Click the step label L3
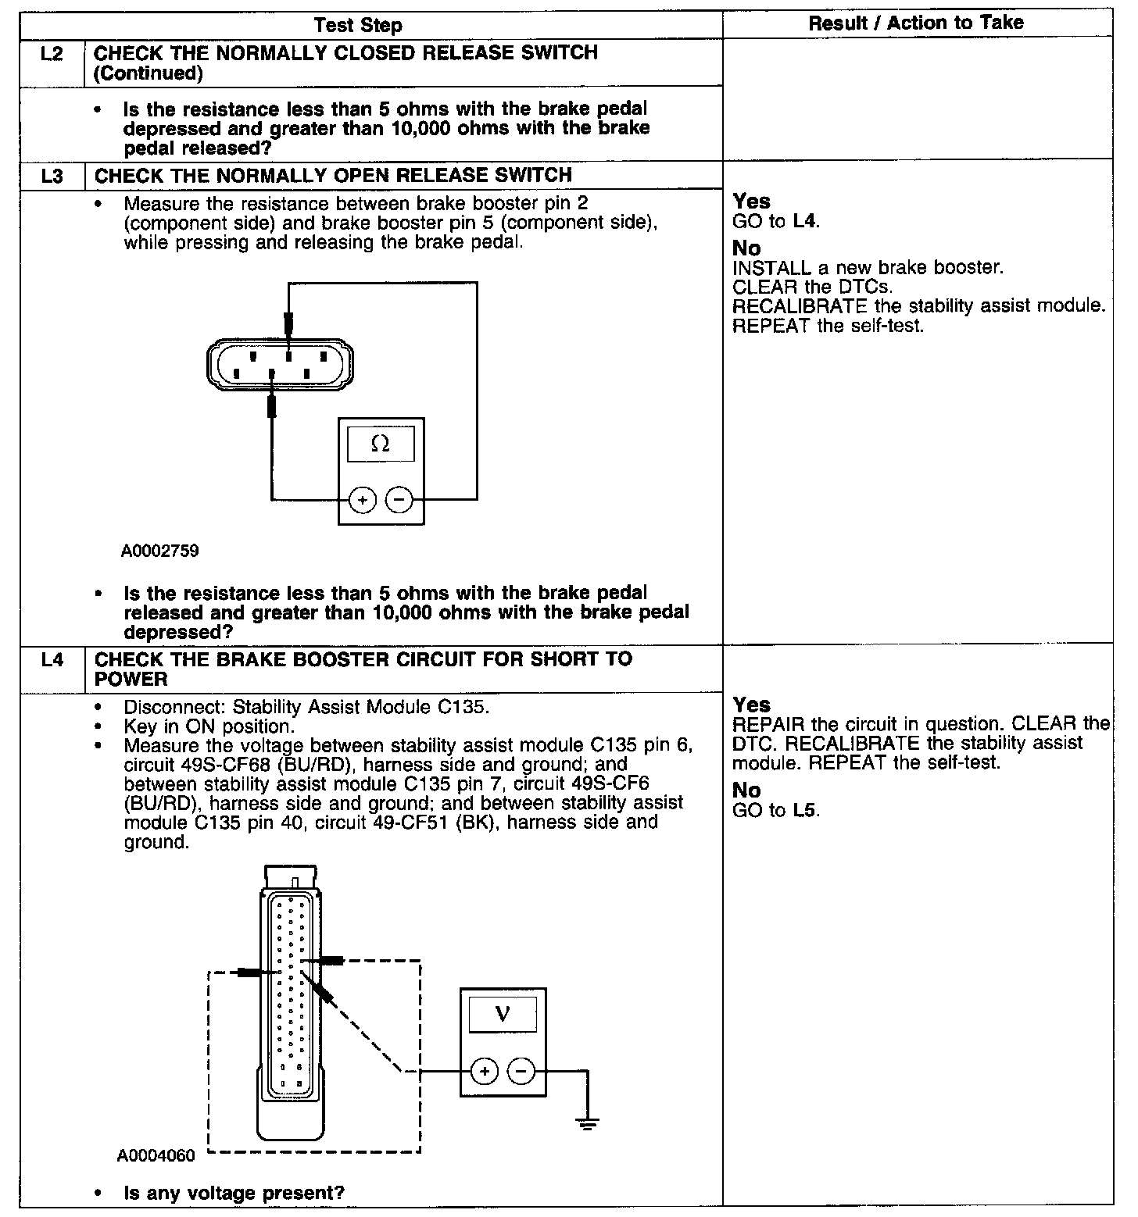(52, 176)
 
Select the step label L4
(52, 660)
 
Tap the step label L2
(52, 54)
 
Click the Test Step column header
(358, 25)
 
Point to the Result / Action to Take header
(916, 23)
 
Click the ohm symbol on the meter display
(381, 444)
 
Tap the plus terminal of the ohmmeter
(362, 499)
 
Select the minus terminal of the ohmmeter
(399, 499)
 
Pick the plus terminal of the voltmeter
(485, 1071)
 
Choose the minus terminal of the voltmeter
(522, 1071)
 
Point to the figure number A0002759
(159, 551)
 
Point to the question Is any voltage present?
(234, 1193)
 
